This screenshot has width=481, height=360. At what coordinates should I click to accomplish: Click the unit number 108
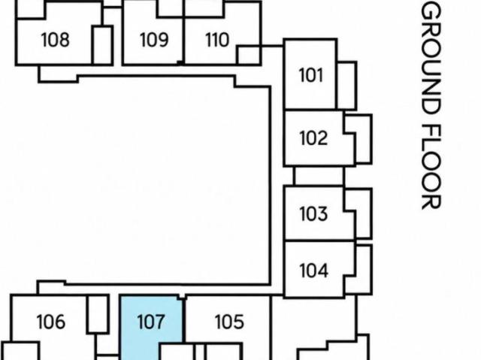click(x=55, y=40)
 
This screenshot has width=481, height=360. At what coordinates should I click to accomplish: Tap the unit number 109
click(x=154, y=40)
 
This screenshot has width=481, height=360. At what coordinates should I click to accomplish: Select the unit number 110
click(x=217, y=40)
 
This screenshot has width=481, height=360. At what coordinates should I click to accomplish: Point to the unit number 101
click(x=310, y=75)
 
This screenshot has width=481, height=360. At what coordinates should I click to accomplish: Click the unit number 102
click(x=313, y=138)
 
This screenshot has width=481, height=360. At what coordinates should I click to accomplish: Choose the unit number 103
click(x=313, y=213)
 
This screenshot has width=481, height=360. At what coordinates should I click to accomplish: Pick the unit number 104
click(x=313, y=271)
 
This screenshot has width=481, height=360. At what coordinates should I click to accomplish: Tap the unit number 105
click(x=229, y=322)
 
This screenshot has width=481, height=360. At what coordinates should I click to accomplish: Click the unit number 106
click(x=51, y=322)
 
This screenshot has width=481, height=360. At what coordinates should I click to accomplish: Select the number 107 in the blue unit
click(x=151, y=322)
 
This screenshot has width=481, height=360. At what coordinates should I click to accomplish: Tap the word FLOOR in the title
click(x=431, y=167)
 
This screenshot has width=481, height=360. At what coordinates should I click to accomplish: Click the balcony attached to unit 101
click(x=346, y=86)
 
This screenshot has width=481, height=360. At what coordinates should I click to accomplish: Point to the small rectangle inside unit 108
click(x=103, y=45)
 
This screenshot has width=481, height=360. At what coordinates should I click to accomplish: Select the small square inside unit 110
click(x=249, y=55)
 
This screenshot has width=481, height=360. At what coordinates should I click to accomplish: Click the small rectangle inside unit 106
click(x=98, y=314)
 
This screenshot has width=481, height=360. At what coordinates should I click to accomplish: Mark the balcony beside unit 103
click(x=359, y=213)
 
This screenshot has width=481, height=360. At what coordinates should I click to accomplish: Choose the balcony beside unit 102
click(x=359, y=139)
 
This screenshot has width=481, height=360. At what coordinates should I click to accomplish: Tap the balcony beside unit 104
click(x=359, y=270)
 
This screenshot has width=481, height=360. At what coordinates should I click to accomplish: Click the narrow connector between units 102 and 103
click(x=319, y=176)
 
